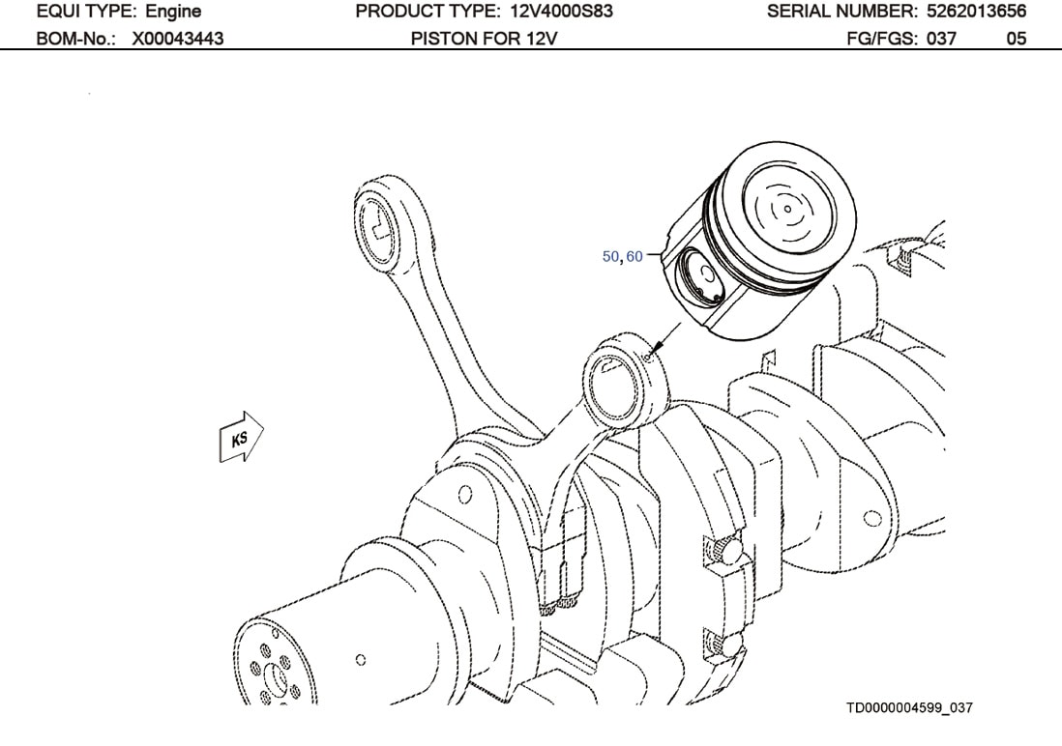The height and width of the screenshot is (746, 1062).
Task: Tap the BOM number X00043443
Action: coord(178,39)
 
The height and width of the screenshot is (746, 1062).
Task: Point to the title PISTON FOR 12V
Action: coord(485,39)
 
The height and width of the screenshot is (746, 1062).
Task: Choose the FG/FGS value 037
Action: coord(941,39)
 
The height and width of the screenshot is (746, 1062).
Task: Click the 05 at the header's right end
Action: coord(1016,39)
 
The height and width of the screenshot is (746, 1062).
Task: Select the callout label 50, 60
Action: coord(622,257)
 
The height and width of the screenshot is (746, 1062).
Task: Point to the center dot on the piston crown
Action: coord(788,208)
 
